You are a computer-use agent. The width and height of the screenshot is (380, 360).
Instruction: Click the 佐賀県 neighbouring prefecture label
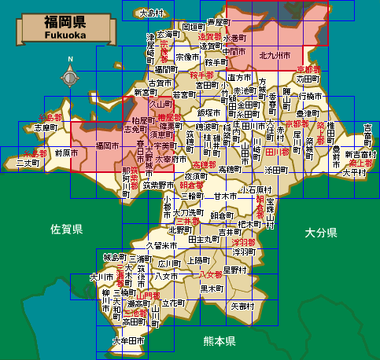point(67,230)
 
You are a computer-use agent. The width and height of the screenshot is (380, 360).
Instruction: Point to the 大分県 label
point(321,233)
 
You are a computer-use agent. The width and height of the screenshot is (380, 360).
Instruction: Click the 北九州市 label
point(275,56)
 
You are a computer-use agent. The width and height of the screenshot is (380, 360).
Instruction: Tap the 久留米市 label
point(162,245)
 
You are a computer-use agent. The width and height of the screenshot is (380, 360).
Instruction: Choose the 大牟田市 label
point(127,341)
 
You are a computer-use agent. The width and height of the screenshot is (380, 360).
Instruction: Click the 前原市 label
point(67,153)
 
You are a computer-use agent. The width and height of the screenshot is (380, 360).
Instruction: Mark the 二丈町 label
point(28,163)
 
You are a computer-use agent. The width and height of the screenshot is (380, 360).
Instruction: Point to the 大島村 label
point(149,13)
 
